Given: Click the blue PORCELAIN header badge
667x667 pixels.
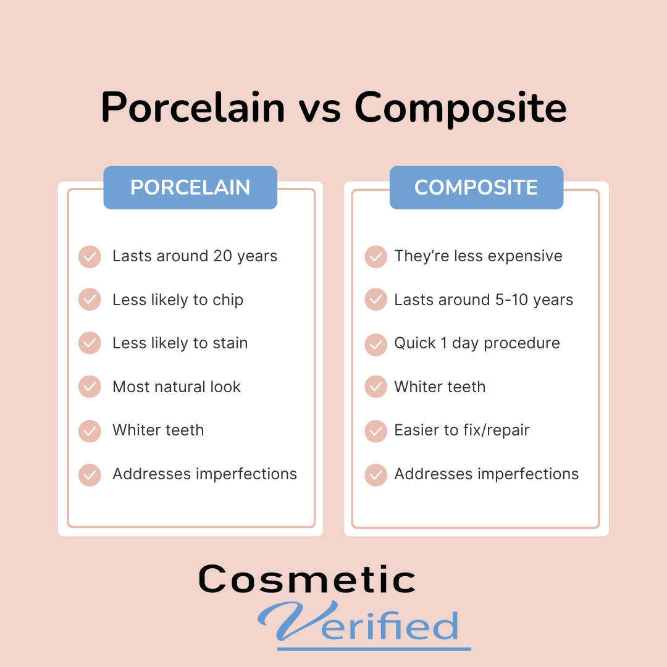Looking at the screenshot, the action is (190, 188).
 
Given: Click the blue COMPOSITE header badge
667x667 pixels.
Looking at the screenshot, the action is (476, 188).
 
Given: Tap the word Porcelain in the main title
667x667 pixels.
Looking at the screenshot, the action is (193, 107).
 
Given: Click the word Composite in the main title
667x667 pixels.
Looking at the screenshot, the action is (460, 108).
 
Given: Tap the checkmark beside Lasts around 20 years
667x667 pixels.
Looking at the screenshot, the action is (90, 256).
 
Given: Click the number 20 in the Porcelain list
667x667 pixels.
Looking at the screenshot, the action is (222, 256).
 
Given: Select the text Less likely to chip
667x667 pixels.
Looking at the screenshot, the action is (178, 300).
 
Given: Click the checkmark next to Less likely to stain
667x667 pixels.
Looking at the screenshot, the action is (90, 343).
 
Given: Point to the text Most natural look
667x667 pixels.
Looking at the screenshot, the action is (177, 387).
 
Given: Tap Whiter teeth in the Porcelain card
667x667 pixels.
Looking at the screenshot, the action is (158, 430).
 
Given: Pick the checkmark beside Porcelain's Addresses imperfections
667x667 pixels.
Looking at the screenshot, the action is (90, 475).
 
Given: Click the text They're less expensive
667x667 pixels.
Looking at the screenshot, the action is (479, 256).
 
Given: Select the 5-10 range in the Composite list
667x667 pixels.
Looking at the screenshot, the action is (512, 300).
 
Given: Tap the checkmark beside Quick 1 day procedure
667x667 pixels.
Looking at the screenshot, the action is (376, 344).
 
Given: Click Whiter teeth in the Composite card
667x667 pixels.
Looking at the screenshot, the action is (440, 387).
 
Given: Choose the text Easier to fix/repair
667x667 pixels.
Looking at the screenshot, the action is (462, 430).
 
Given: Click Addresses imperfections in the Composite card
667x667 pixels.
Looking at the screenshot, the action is (487, 474).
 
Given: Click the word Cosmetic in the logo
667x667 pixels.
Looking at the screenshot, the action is (307, 579).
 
